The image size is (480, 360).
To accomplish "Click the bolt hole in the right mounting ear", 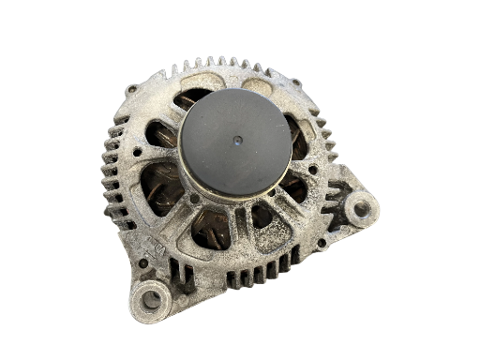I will (360, 208).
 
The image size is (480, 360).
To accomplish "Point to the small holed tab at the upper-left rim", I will (132, 89).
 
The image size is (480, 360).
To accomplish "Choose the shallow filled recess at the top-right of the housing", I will (259, 85).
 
